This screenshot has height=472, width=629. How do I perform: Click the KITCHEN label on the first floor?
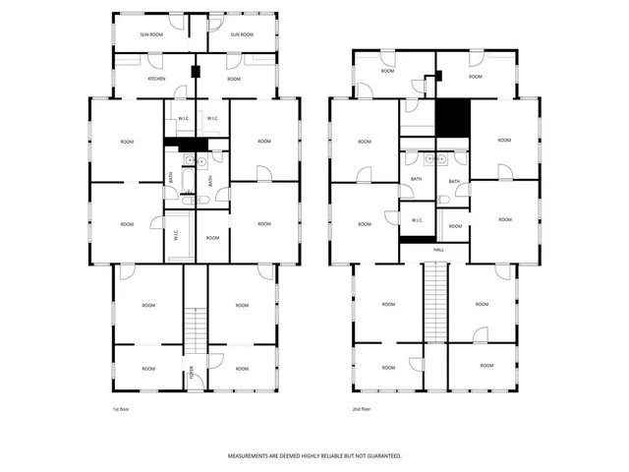coord(156,79)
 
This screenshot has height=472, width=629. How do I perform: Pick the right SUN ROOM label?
coord(241,35)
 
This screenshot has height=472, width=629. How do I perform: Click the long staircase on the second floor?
coord(434,305)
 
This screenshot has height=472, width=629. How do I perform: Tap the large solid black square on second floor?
coord(453,118)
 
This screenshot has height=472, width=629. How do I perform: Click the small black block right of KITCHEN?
coord(196,72)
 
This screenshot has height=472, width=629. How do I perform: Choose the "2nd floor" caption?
coord(362,408)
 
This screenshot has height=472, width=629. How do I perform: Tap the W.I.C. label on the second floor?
coord(417,220)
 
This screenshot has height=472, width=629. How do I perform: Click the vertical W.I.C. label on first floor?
coord(176,236)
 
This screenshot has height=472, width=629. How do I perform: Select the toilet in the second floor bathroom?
coord(444,201)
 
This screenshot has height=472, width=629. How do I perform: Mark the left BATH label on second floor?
coord(416,179)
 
